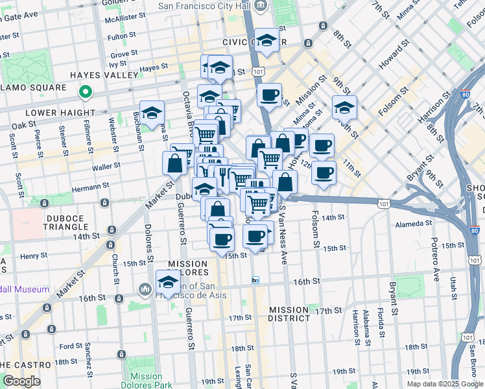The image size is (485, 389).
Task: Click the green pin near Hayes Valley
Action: tap(85, 93)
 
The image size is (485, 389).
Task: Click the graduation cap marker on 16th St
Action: tap(168, 282)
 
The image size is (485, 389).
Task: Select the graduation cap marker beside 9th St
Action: tap(344, 107)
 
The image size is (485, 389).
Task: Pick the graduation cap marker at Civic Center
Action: tap(266, 41)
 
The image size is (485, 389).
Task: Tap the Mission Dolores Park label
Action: tap(146, 380)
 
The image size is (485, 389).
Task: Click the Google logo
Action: tap(21, 381)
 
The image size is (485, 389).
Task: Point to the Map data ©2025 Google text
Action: tap(445, 383)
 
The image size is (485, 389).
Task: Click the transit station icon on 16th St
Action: tap(255, 280)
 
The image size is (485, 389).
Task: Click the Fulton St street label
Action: tap(121, 37)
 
